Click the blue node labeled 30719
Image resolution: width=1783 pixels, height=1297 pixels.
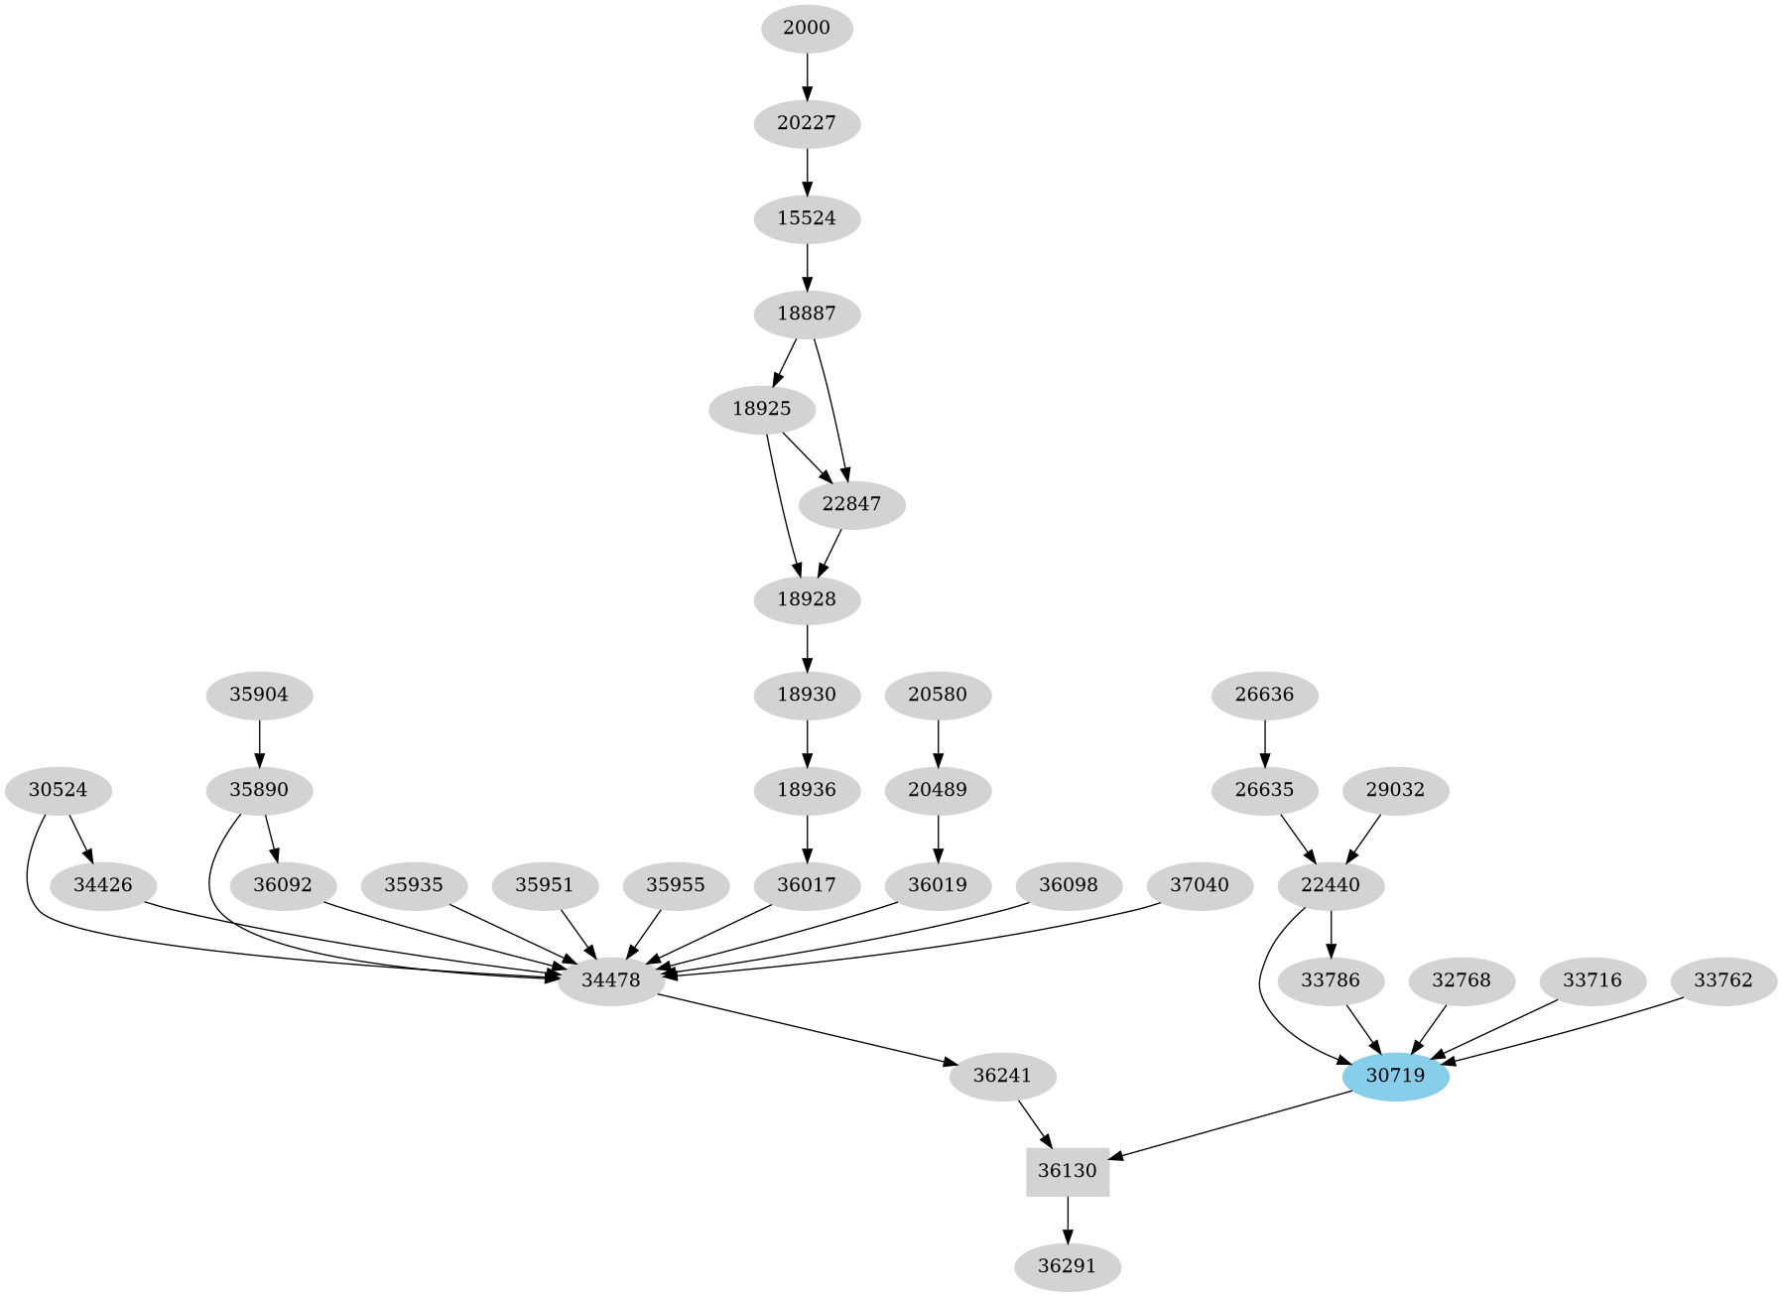tap(1395, 1076)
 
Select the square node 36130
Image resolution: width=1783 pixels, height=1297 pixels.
tap(1067, 1171)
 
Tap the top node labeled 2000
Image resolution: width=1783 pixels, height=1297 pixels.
tap(807, 28)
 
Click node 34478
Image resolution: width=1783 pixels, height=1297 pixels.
tap(611, 980)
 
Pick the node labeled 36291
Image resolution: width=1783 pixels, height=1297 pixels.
tap(1067, 1266)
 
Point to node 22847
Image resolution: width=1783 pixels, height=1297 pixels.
tap(851, 504)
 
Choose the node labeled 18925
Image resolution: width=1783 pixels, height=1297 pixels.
tap(762, 409)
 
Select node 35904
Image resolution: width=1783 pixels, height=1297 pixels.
tap(259, 695)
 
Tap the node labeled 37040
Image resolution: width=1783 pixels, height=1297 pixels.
tap(1199, 884)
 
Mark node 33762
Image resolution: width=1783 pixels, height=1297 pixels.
tap(1722, 980)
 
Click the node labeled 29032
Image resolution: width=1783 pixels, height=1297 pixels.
tap(1395, 791)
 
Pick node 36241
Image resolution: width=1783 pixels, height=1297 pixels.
tap(1002, 1076)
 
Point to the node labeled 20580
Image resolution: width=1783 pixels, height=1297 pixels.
tap(938, 695)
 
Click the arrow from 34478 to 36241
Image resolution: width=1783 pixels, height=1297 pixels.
tap(804, 1028)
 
